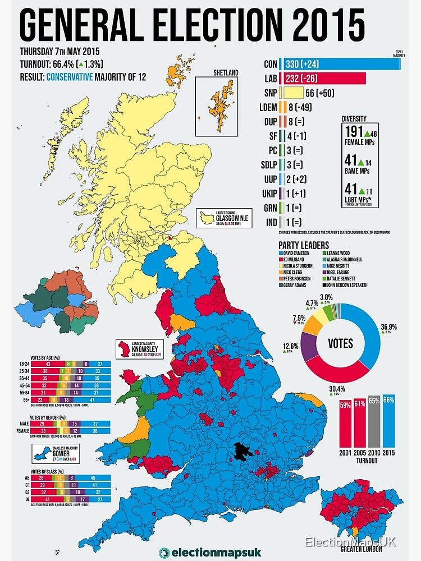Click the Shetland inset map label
(226, 73)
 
